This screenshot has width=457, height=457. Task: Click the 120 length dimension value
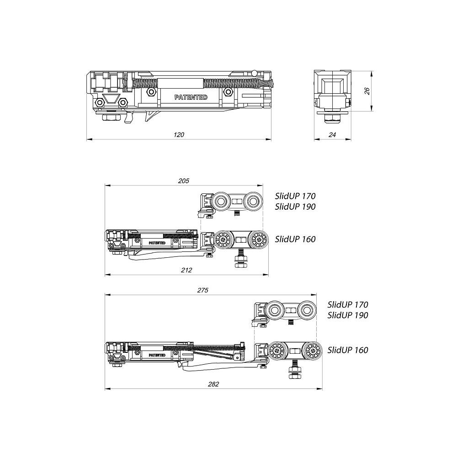click(x=179, y=135)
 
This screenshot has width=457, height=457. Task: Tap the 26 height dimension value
click(x=367, y=91)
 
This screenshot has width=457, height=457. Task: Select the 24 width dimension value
click(x=332, y=135)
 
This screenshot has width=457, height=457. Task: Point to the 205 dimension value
click(x=184, y=181)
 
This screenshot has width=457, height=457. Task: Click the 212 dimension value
click(x=186, y=270)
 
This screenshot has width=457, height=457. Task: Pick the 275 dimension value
click(x=203, y=290)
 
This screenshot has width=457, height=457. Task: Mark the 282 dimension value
click(x=213, y=384)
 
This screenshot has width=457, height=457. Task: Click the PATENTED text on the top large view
click(x=191, y=97)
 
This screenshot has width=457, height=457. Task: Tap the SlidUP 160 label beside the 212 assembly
click(x=295, y=239)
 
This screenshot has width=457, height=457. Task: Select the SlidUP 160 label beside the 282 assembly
click(x=348, y=350)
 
